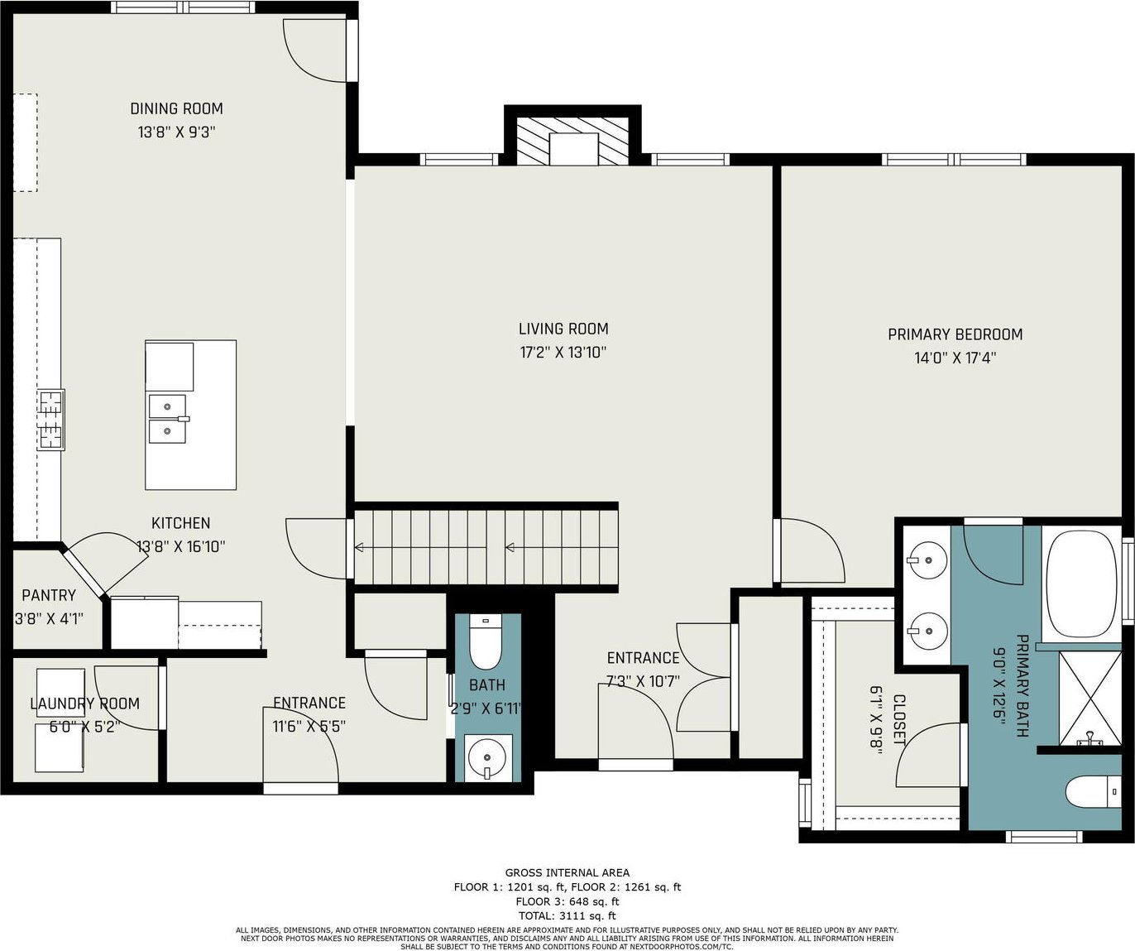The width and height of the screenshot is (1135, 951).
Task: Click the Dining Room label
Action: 177,108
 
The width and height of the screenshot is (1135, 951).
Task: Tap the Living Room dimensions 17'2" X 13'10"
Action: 563,353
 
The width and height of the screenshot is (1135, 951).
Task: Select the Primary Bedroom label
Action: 955,334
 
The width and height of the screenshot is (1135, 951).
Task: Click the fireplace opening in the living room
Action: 573,148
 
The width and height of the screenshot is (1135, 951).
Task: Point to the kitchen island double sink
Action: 168,419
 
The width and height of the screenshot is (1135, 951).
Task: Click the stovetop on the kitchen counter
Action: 51,420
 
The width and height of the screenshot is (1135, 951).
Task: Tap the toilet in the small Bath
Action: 486,642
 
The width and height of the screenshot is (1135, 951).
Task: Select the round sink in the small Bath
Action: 487,758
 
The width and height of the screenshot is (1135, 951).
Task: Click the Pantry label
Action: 49,595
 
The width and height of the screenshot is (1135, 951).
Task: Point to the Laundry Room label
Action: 85,704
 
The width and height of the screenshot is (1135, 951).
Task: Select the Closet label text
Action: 899,720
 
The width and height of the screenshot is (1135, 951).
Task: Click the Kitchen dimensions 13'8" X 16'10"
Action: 180,547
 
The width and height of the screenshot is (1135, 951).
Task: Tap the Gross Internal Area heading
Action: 567,872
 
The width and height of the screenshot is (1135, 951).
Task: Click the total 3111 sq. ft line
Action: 567,915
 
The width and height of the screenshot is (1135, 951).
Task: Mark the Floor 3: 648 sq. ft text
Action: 567,901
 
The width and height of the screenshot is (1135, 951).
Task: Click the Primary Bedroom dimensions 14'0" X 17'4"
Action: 955,358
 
